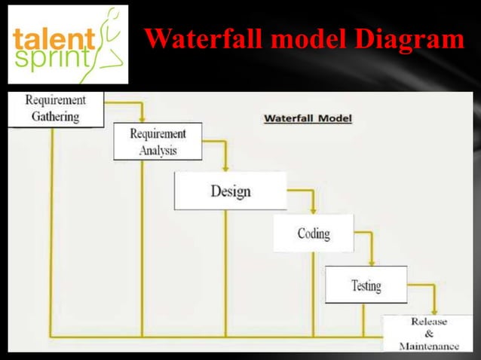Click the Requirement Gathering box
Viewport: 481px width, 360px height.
point(55,108)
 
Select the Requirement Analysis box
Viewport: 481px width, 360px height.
point(158,142)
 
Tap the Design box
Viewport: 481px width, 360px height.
point(230,191)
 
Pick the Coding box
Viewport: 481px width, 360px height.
point(313,233)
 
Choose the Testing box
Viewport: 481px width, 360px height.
point(366,285)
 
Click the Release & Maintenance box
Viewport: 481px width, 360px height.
point(428,334)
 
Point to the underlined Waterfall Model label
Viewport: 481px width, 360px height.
point(307,118)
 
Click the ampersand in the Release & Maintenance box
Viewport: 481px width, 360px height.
point(428,334)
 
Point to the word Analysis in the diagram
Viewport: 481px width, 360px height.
point(158,150)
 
